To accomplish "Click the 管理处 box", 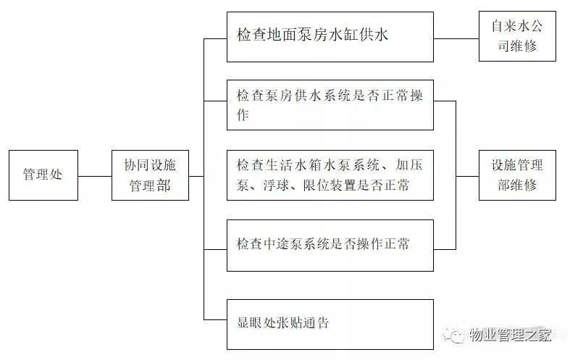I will point(43,175).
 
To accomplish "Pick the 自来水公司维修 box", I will point(517,36).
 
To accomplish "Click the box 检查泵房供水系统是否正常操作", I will point(330,105).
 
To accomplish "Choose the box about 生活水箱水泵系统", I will point(330,175).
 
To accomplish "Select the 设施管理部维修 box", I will point(517,175).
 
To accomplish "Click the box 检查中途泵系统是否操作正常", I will point(330,245).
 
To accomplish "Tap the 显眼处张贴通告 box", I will point(330,322).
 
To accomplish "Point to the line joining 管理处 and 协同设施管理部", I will point(95,176).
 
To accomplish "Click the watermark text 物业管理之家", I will point(511,335).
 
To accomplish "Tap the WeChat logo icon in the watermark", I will point(456,335).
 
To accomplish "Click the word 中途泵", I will point(282,244).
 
